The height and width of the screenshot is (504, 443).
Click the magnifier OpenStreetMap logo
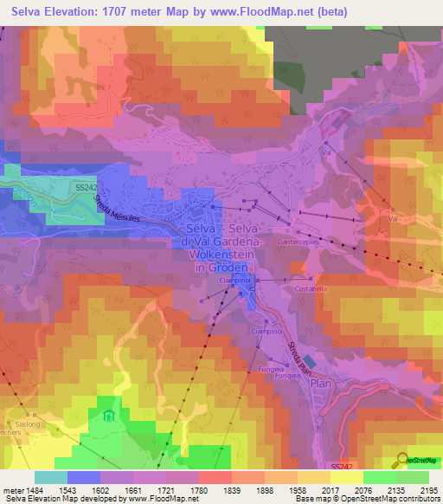403,460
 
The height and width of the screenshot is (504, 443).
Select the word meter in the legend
12,490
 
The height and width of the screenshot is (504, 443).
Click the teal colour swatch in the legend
51,477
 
